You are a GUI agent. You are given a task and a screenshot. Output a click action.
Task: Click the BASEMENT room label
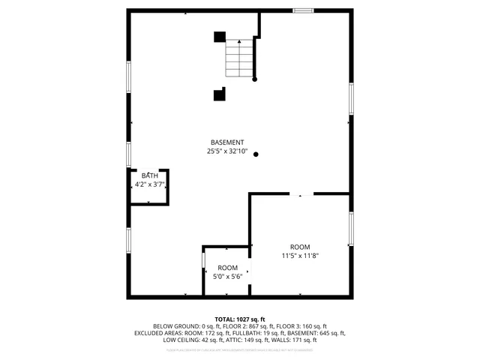pyautogui.click(x=226, y=142)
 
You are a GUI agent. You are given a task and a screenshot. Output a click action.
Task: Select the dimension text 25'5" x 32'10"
pyautogui.click(x=226, y=151)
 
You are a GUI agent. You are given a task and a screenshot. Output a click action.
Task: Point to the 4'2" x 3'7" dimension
pyautogui.click(x=150, y=183)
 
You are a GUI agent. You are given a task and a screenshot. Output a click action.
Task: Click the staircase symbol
pyautogui.click(x=240, y=58)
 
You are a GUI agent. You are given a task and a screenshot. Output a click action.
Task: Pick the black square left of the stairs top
pyautogui.click(x=220, y=37)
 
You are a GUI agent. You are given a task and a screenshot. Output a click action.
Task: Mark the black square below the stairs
pyautogui.click(x=220, y=94)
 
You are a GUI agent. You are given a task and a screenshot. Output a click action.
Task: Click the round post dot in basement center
pyautogui.click(x=256, y=155)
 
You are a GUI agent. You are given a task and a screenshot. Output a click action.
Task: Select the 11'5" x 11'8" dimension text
pyautogui.click(x=300, y=256)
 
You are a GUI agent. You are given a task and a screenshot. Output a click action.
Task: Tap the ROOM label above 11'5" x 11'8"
pyautogui.click(x=300, y=247)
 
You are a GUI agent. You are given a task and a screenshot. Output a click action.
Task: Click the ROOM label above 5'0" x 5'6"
pyautogui.click(x=228, y=268)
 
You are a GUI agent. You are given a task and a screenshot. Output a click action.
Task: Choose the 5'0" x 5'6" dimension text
pyautogui.click(x=228, y=277)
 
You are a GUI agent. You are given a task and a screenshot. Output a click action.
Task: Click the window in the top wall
pyautogui.click(x=303, y=10)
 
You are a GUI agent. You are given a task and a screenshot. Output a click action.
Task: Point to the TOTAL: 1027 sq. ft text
pyautogui.click(x=240, y=319)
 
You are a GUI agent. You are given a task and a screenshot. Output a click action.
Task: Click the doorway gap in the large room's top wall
pyautogui.click(x=301, y=193)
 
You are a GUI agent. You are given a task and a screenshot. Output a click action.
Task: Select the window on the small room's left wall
pyautogui.click(x=203, y=259)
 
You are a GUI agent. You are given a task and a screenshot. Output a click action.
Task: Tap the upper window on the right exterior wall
pyautogui.click(x=350, y=98)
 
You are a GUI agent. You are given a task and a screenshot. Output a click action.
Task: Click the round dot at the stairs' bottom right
pyautogui.click(x=255, y=79)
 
